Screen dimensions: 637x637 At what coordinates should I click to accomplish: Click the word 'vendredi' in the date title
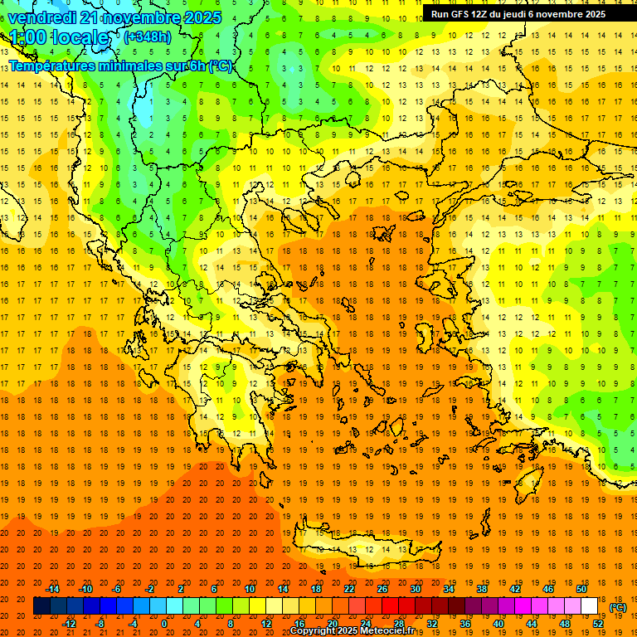tap(41, 17)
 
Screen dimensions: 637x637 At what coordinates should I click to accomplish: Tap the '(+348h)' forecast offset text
tap(148, 37)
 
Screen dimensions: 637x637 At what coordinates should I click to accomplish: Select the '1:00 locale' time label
tap(59, 38)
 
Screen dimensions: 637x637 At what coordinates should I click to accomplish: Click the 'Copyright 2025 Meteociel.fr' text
tap(352, 631)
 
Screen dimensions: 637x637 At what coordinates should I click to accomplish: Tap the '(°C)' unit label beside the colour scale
tap(618, 607)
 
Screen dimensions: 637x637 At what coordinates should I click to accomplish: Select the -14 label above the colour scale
tap(53, 589)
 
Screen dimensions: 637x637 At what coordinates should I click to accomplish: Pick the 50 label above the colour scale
tap(581, 589)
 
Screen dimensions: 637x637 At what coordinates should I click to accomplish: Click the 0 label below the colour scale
tap(164, 624)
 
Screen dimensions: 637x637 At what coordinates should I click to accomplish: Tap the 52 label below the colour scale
tap(598, 624)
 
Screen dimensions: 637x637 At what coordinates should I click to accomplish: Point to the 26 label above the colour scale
tap(382, 589)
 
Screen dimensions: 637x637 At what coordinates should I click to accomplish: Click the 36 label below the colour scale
tap(465, 624)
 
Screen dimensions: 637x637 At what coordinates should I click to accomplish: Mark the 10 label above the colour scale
tap(250, 589)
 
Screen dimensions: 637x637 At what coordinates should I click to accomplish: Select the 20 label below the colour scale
tap(332, 624)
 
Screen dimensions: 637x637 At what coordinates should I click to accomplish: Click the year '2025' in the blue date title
tap(200, 17)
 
